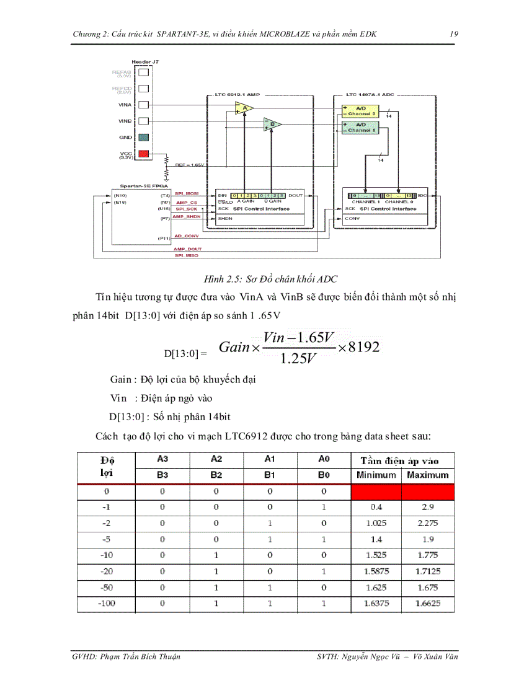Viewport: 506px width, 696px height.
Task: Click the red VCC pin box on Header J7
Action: (143, 154)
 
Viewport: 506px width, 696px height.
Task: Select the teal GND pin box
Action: (143, 137)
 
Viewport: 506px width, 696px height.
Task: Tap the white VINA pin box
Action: (143, 105)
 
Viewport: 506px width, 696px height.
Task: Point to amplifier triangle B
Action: (272, 124)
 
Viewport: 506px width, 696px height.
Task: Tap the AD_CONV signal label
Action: (186, 236)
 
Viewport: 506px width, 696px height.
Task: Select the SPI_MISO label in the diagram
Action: (185, 255)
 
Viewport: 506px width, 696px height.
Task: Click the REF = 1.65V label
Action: (189, 165)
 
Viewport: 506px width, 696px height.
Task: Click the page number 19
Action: (454, 34)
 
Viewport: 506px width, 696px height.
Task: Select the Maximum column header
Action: (427, 475)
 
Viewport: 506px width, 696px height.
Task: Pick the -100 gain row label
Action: (106, 603)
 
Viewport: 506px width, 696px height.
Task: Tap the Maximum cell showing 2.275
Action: (427, 522)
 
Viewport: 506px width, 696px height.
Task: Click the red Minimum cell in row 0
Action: (376, 491)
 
